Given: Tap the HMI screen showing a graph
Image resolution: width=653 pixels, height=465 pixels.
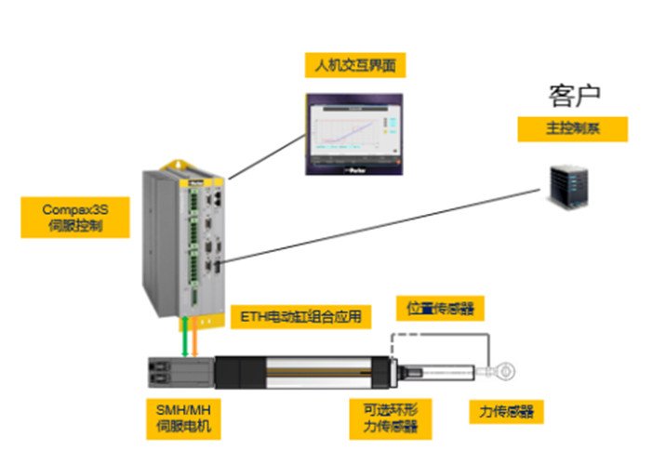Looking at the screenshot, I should (357, 134).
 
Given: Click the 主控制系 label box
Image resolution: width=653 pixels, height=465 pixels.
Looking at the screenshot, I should (573, 128).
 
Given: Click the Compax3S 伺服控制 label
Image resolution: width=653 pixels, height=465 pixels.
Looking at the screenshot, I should (70, 218).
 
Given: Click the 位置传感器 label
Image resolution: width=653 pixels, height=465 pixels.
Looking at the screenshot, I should (440, 308).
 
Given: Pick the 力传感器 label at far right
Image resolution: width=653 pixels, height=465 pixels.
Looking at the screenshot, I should (506, 412).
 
